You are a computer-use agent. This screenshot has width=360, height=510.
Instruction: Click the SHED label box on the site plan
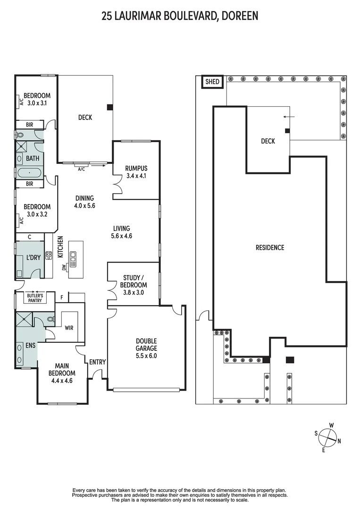click(x=212, y=82)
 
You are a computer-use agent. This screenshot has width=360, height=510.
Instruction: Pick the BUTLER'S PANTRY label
click(x=35, y=298)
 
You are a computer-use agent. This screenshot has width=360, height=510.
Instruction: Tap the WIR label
click(x=69, y=328)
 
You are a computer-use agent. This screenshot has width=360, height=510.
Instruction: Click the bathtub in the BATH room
click(x=30, y=173)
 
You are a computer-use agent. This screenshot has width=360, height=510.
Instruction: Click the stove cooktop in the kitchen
click(x=49, y=255)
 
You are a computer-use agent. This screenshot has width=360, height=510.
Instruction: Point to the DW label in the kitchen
click(x=64, y=267)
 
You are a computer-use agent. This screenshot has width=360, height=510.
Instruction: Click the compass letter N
click(x=339, y=442)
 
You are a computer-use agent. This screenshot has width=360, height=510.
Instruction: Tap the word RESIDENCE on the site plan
click(x=270, y=247)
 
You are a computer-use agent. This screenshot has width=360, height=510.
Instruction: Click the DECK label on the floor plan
click(x=85, y=118)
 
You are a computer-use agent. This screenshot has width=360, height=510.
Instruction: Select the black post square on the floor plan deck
click(x=110, y=107)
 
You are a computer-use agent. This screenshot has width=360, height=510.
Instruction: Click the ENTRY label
click(x=98, y=362)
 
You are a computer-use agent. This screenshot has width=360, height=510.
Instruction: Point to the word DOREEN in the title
click(x=240, y=16)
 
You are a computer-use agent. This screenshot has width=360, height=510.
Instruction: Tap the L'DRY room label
click(x=33, y=257)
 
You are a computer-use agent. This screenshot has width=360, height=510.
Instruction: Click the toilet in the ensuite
click(x=50, y=319)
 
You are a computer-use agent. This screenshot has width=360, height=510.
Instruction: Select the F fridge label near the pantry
click(x=62, y=297)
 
